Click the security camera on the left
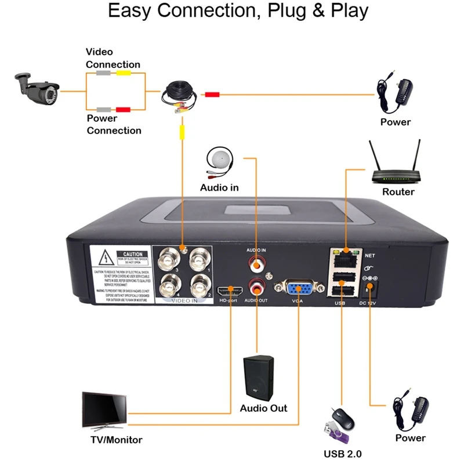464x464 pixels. click(x=36, y=90)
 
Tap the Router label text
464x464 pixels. click(x=398, y=192)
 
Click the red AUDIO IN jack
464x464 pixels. click(x=256, y=266)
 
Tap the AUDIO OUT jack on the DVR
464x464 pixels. click(x=256, y=287)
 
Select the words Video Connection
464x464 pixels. click(x=113, y=58)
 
